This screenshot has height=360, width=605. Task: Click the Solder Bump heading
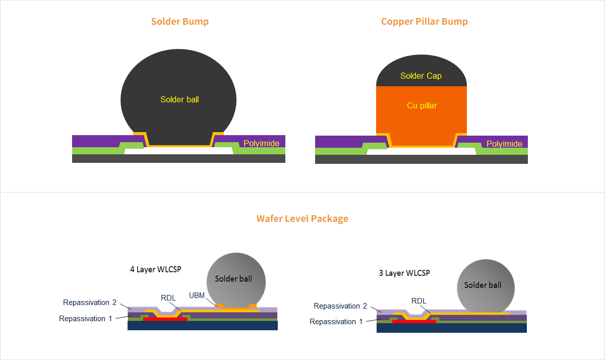(x=180, y=22)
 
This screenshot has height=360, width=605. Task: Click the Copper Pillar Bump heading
(x=425, y=22)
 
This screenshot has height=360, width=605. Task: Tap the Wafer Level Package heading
(x=302, y=219)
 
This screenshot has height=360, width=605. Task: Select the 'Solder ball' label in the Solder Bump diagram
(x=179, y=100)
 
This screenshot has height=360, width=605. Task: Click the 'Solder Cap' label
(x=421, y=76)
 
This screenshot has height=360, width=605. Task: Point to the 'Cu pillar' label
(x=422, y=106)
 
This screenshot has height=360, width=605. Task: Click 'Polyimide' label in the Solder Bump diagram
(x=261, y=144)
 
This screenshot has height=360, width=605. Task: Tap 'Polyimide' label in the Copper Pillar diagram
(x=504, y=144)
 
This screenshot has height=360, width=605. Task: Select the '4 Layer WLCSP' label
(x=155, y=269)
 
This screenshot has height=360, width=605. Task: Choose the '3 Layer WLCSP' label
(x=404, y=273)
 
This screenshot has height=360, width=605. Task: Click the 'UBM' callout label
(x=197, y=295)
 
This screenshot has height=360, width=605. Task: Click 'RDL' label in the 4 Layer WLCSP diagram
(x=168, y=298)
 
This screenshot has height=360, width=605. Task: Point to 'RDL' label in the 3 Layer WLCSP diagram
(x=419, y=301)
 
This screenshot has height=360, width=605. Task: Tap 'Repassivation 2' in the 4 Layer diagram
(x=90, y=303)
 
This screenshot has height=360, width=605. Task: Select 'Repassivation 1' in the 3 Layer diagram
(x=336, y=322)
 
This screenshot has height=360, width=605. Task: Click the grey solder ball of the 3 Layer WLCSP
(x=486, y=285)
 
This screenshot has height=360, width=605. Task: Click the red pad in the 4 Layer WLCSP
(x=165, y=319)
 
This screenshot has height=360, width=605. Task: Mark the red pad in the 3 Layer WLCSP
(x=414, y=321)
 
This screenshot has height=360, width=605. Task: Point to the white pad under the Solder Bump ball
(x=179, y=151)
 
